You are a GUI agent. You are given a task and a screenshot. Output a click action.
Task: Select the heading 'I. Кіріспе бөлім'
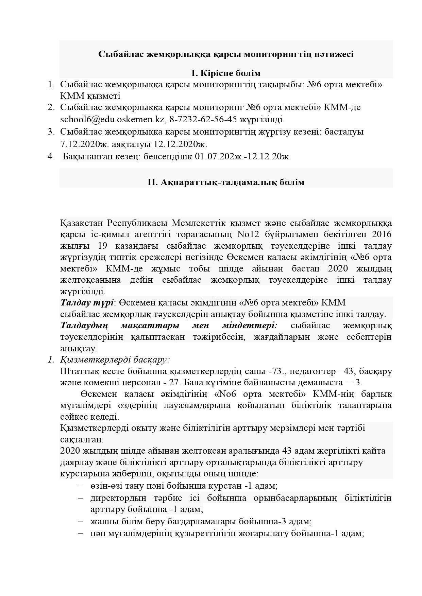coord(226,73)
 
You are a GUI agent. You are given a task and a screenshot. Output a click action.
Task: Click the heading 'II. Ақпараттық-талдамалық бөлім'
coord(226,182)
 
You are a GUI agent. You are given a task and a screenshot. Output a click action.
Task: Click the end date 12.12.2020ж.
coord(180,144)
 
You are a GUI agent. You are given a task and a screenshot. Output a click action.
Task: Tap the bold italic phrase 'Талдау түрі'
coord(87,302)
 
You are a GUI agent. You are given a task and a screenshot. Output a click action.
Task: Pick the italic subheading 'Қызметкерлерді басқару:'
coord(115,360)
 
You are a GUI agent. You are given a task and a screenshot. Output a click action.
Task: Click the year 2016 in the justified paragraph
coord(382,234)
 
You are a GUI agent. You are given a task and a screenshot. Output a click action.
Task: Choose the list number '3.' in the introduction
coord(51,132)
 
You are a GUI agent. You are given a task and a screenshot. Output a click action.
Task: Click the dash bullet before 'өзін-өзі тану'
coord(81,486)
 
